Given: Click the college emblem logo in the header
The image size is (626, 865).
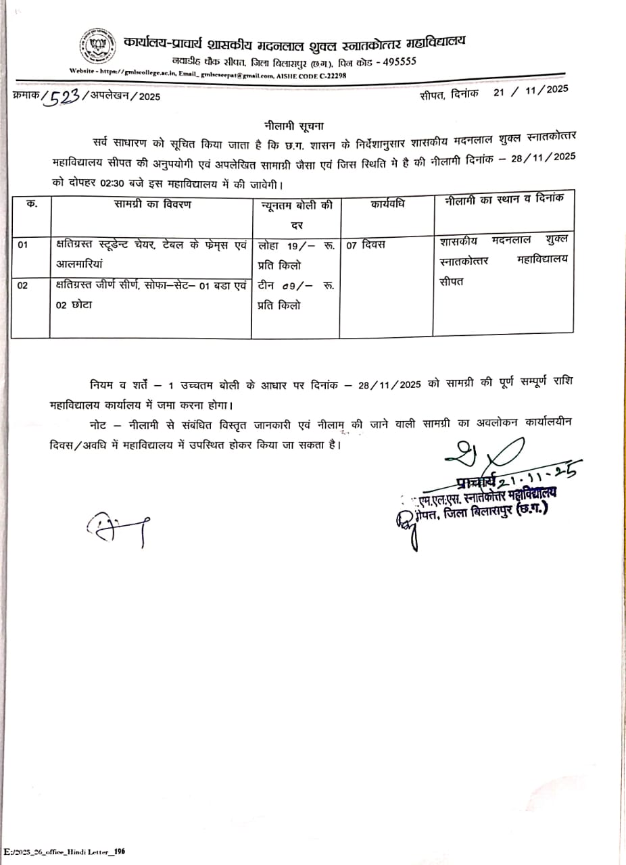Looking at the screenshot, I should [97, 46].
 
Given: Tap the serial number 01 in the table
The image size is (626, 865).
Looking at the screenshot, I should [23, 245].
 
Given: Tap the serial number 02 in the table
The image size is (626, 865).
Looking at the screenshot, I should [23, 286].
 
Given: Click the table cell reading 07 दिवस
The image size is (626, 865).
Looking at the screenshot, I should [366, 245].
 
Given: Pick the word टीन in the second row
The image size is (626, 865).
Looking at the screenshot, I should [266, 286].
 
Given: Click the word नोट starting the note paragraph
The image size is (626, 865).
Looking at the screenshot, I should [101, 423].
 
